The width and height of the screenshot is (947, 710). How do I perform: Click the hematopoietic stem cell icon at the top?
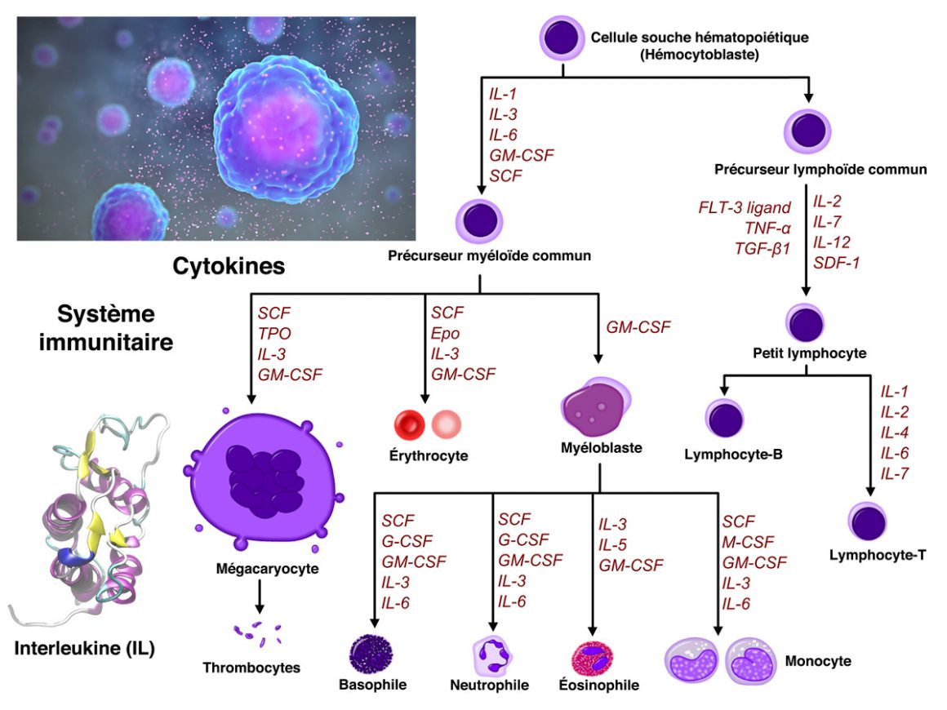point(562,38)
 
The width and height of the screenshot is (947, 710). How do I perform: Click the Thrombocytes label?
point(252,668)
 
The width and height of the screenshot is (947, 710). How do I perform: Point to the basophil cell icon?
point(371,654)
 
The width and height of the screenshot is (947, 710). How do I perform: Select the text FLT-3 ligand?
point(745,208)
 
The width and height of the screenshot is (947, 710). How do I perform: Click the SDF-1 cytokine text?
point(837,262)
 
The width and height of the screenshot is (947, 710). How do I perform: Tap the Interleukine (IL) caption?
point(84,649)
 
